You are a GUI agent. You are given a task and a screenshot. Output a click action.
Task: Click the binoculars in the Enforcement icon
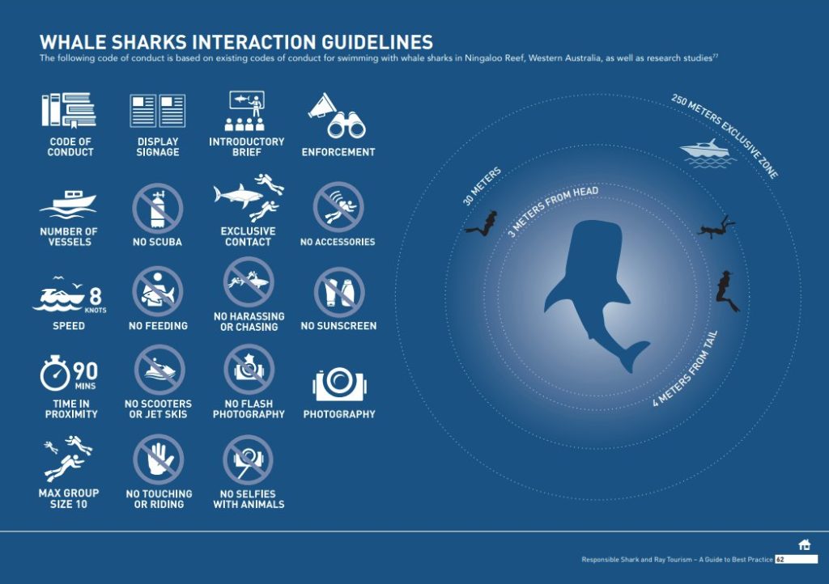coord(346,125)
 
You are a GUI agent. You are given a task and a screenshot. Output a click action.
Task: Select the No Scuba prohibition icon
coord(158,209)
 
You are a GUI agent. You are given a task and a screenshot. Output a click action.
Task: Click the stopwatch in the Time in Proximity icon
coord(55,373)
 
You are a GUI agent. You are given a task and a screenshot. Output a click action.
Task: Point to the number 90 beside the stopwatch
coord(85,371)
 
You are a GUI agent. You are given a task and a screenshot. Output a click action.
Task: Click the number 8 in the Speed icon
coord(96,296)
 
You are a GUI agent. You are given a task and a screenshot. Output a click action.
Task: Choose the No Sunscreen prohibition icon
coord(339,293)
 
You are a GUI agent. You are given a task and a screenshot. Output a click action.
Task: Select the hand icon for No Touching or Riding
coord(159,459)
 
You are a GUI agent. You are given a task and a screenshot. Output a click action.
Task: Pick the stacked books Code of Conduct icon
coord(70,110)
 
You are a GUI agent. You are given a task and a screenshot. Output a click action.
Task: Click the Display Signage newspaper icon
coord(158,111)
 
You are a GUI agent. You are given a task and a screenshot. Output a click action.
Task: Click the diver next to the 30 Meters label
coord(483,224)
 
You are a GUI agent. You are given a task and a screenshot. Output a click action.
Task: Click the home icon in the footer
coord(805,544)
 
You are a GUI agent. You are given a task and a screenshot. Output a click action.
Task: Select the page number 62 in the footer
coord(780,560)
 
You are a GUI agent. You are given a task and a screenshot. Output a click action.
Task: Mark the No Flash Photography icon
coord(249,370)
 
